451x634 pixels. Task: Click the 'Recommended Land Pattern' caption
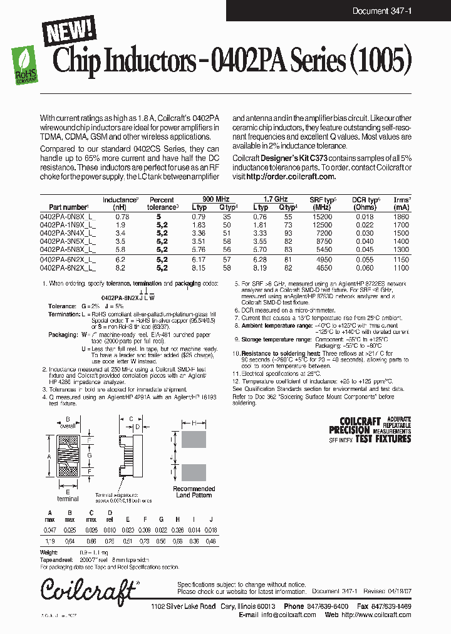[194, 492]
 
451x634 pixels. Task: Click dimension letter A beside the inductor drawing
[49, 456]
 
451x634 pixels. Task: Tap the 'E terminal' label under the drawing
[67, 496]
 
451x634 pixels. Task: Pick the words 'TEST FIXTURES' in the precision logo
[383, 439]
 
